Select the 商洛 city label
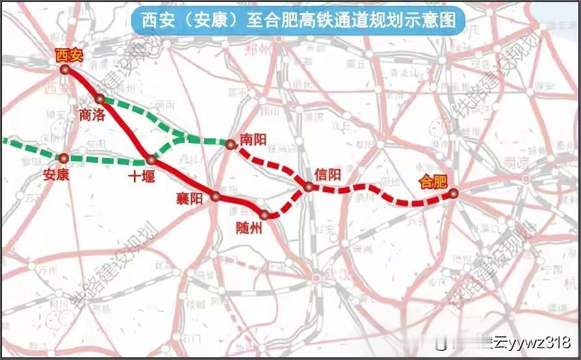pyautogui.click(x=91, y=115)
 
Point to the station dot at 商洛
pyautogui.click(x=99, y=99)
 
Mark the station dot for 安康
pyautogui.click(x=64, y=158)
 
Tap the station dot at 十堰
pyautogui.click(x=151, y=159)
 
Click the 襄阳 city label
pyautogui.click(x=190, y=199)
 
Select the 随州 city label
pyautogui.click(x=250, y=227)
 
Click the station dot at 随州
pyautogui.click(x=264, y=214)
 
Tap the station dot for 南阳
pyautogui.click(x=230, y=144)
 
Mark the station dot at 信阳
pyautogui.click(x=309, y=187)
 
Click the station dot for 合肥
pyautogui.click(x=454, y=192)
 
